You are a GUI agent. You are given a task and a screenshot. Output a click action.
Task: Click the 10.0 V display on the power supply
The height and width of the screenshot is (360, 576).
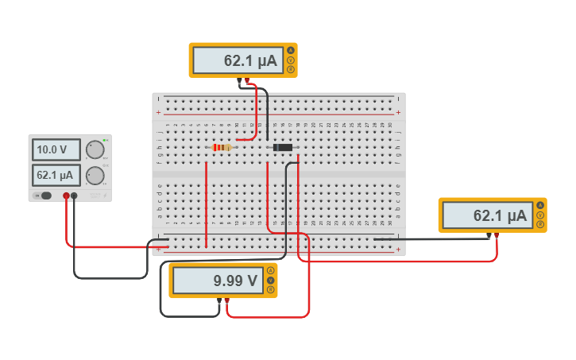pyautogui.click(x=56, y=149)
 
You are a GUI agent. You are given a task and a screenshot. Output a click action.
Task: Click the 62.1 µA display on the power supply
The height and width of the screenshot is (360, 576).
pyautogui.click(x=56, y=175)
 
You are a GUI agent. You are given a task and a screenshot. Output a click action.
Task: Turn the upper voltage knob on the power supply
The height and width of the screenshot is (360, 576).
pyautogui.click(x=95, y=149)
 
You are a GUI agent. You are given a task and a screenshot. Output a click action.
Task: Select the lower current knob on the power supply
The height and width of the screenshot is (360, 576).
pyautogui.click(x=95, y=176)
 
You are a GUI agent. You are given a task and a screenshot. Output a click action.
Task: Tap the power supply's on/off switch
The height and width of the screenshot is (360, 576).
pyautogui.click(x=45, y=195)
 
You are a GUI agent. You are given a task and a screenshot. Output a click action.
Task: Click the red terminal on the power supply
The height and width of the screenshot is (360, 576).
pyautogui.click(x=66, y=195)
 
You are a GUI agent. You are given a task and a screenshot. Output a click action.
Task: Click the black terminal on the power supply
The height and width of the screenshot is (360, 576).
pyautogui.click(x=74, y=195)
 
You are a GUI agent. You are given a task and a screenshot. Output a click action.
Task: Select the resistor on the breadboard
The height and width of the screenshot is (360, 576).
pyautogui.click(x=223, y=147)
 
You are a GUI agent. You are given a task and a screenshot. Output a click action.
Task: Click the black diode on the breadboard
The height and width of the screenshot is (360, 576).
pyautogui.click(x=282, y=147)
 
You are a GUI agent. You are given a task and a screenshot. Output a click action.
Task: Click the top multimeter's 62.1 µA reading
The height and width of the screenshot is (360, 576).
pyautogui.click(x=238, y=60)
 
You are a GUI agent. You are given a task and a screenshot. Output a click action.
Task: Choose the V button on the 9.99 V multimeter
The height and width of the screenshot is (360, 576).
pyautogui.click(x=270, y=280)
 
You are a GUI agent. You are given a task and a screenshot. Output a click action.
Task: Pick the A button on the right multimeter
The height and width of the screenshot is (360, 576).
pyautogui.click(x=540, y=207)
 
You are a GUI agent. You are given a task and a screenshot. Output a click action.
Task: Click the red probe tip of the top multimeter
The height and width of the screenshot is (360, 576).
pyautogui.click(x=247, y=79)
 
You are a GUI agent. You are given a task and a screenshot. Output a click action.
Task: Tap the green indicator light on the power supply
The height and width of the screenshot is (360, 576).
pyautogui.click(x=105, y=140)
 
